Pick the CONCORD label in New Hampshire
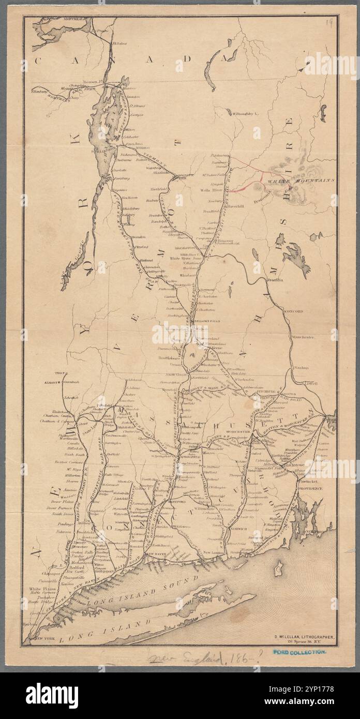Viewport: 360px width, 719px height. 293,311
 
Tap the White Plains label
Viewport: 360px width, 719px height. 42,589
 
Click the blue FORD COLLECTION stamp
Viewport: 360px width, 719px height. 301,652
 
